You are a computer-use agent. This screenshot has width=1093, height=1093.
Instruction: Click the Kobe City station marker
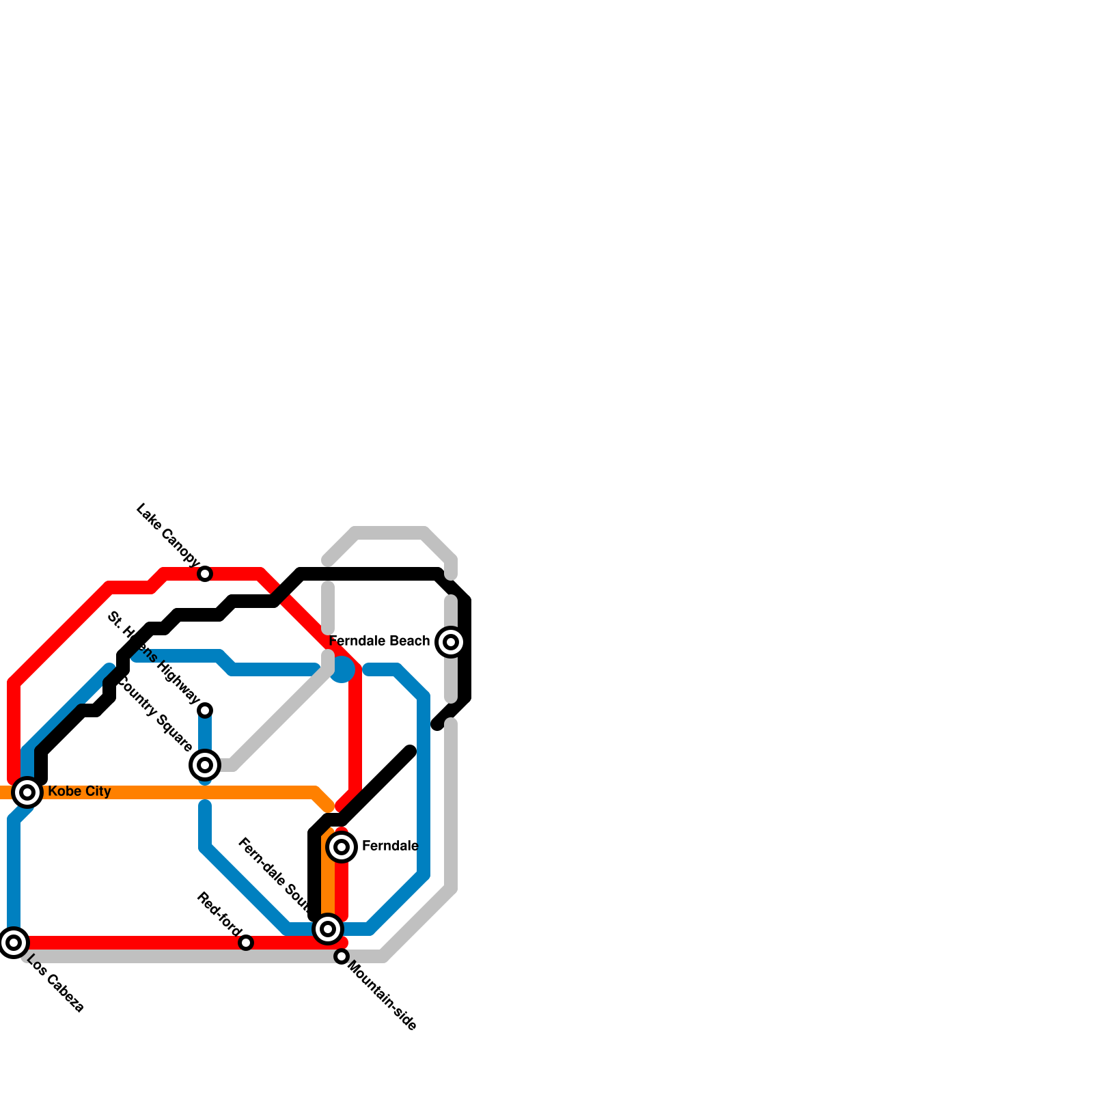pyautogui.click(x=27, y=792)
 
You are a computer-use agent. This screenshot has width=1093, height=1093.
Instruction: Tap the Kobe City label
pyautogui.click(x=79, y=791)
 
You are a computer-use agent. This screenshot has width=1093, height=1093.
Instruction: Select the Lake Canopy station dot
pyautogui.click(x=205, y=574)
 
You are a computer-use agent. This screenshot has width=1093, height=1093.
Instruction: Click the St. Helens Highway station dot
pyautogui.click(x=205, y=710)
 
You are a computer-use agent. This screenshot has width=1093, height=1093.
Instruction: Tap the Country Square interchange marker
pyautogui.click(x=205, y=765)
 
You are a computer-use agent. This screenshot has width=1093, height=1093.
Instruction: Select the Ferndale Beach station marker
pyautogui.click(x=451, y=642)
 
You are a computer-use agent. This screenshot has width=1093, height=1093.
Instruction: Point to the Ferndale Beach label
pyautogui.click(x=379, y=641)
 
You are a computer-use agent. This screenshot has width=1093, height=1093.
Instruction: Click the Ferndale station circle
pyautogui.click(x=342, y=847)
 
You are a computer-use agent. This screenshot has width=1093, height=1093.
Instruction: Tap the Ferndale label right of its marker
pyautogui.click(x=389, y=846)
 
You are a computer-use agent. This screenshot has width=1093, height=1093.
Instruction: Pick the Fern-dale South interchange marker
pyautogui.click(x=328, y=929)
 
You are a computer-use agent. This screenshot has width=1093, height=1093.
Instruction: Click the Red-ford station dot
pyautogui.click(x=246, y=943)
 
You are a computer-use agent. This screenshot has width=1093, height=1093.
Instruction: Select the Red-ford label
pyautogui.click(x=219, y=914)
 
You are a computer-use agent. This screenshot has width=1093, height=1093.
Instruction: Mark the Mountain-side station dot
pyautogui.click(x=342, y=956)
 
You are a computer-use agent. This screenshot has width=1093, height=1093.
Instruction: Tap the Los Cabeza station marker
pyautogui.click(x=14, y=943)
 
